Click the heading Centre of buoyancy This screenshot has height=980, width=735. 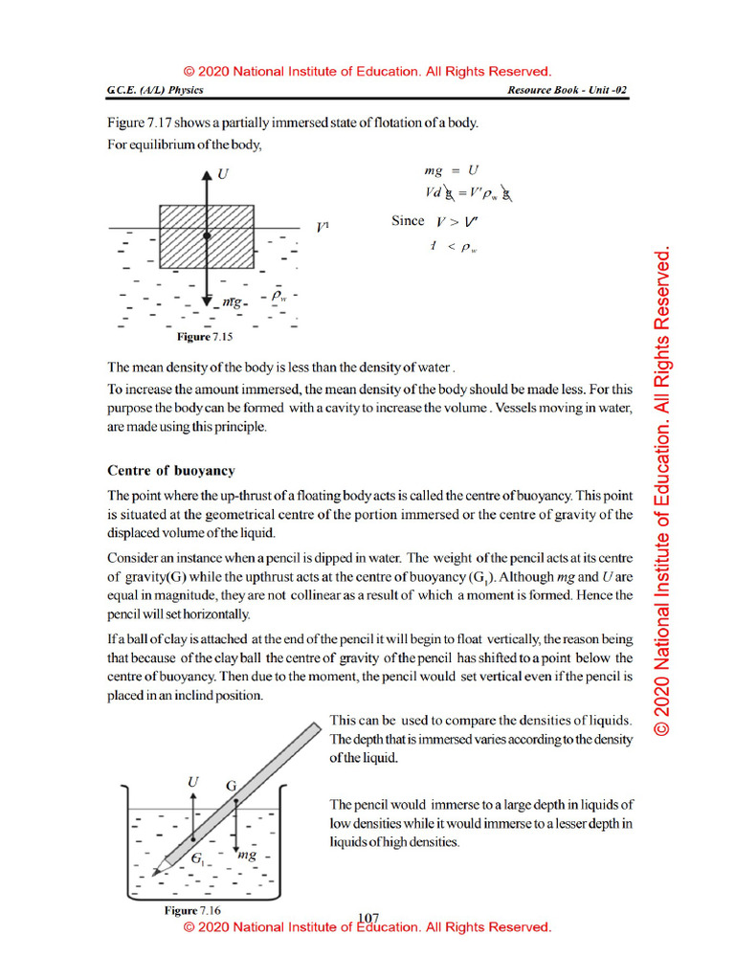click(x=171, y=471)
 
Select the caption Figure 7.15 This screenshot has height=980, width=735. click(x=206, y=338)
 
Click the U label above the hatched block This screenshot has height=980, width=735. click(x=223, y=175)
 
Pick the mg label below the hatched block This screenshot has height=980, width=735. click(x=233, y=302)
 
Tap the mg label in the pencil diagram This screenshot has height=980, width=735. click(x=247, y=855)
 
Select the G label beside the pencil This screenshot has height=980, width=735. click(x=231, y=786)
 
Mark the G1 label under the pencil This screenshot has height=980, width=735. click(x=197, y=859)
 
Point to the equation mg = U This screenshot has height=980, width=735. click(x=451, y=171)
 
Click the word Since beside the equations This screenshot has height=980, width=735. click(x=408, y=221)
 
